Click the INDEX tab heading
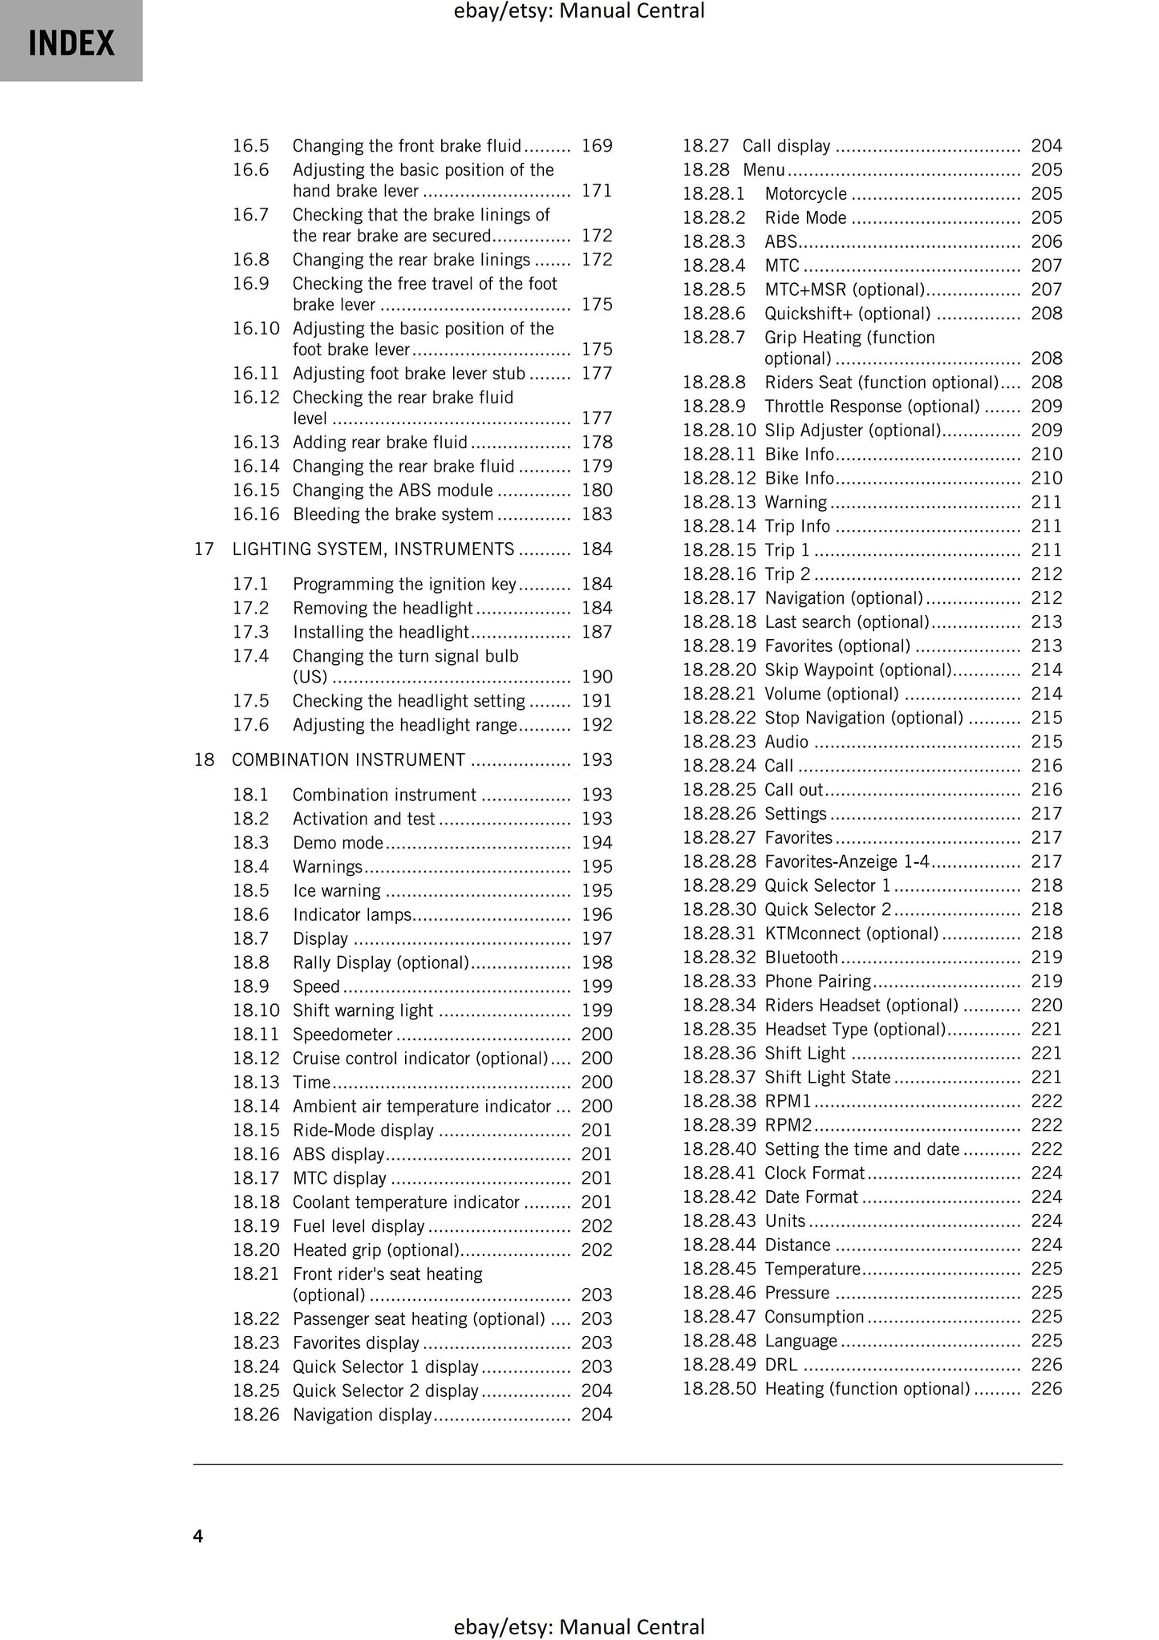(x=71, y=43)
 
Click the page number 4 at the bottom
(x=198, y=1536)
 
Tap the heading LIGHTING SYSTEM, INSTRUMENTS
(x=373, y=549)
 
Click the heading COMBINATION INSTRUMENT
(x=348, y=760)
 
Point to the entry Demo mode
(x=338, y=843)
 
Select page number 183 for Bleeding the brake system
(x=597, y=514)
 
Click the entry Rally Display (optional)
(x=380, y=962)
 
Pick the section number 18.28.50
(x=719, y=1389)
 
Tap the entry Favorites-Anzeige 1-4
(x=847, y=861)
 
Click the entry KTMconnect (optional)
(x=851, y=933)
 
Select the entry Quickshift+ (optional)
(x=847, y=314)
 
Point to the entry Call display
(x=786, y=146)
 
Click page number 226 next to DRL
(x=1046, y=1365)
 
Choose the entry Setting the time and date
(x=861, y=1149)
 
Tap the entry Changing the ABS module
(x=392, y=490)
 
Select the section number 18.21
(x=255, y=1274)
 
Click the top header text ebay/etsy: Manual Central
(x=579, y=11)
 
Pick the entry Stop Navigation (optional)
(x=863, y=718)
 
